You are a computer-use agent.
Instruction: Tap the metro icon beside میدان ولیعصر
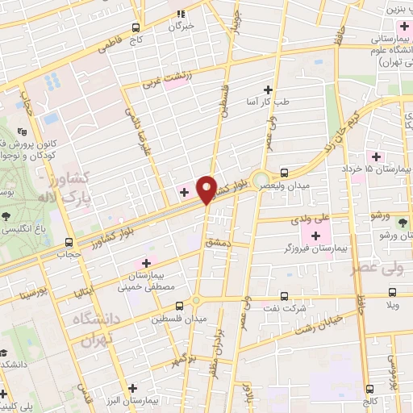point(284,173)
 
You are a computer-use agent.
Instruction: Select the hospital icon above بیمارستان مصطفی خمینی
point(146,263)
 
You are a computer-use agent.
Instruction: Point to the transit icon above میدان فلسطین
point(180,305)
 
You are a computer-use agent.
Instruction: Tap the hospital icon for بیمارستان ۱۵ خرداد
point(373,156)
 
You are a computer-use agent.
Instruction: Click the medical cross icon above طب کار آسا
point(268,90)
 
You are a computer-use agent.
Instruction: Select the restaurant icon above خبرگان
point(181,14)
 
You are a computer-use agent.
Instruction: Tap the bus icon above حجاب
point(67,241)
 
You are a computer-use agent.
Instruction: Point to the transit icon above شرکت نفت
point(283,295)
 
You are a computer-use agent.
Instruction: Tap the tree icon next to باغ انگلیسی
point(6,215)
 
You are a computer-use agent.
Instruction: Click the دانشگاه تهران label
point(100,330)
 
